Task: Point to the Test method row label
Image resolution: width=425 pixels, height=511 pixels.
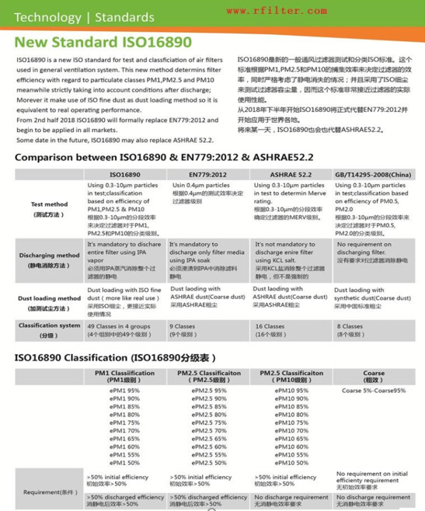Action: coord(49,207)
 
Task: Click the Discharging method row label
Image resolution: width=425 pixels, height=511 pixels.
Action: coord(49,258)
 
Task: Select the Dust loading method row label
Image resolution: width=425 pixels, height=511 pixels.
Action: coord(49,302)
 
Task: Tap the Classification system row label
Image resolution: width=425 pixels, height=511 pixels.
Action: coord(49,329)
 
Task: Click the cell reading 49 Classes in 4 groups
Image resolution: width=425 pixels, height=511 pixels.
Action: coord(117,329)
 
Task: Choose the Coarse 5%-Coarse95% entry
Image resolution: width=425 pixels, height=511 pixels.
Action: coord(373,390)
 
